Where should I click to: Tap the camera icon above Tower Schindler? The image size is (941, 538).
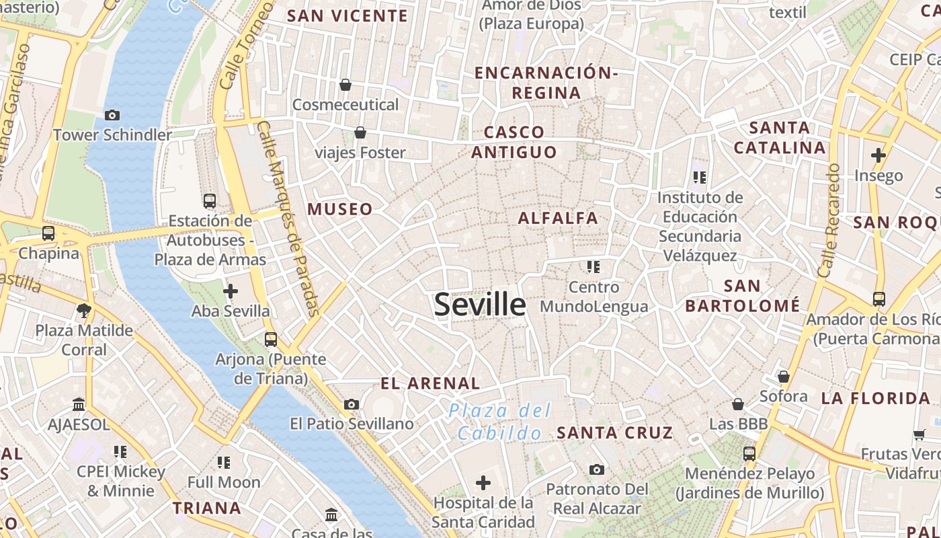112,115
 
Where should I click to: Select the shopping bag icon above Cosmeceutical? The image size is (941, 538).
345,85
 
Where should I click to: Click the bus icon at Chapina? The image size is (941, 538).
48,233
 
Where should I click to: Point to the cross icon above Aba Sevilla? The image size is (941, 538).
231,291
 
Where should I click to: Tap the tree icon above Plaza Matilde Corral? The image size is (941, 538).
84,310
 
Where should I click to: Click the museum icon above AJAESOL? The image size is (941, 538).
79,404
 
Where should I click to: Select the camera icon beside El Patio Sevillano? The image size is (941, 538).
351,404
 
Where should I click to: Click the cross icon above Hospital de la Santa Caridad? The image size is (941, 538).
483,482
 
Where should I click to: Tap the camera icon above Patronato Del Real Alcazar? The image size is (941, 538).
596,469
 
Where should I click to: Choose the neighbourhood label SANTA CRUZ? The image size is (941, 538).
614,432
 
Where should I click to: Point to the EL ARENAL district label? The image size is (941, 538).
430,384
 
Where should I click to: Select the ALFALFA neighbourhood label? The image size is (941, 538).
558,218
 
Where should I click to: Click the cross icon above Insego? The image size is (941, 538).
878,155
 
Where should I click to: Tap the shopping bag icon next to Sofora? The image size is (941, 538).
784,377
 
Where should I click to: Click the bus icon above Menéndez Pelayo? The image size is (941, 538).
749,454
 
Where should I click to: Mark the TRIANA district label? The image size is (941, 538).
206,508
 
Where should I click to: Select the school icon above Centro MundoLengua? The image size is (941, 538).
593,267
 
